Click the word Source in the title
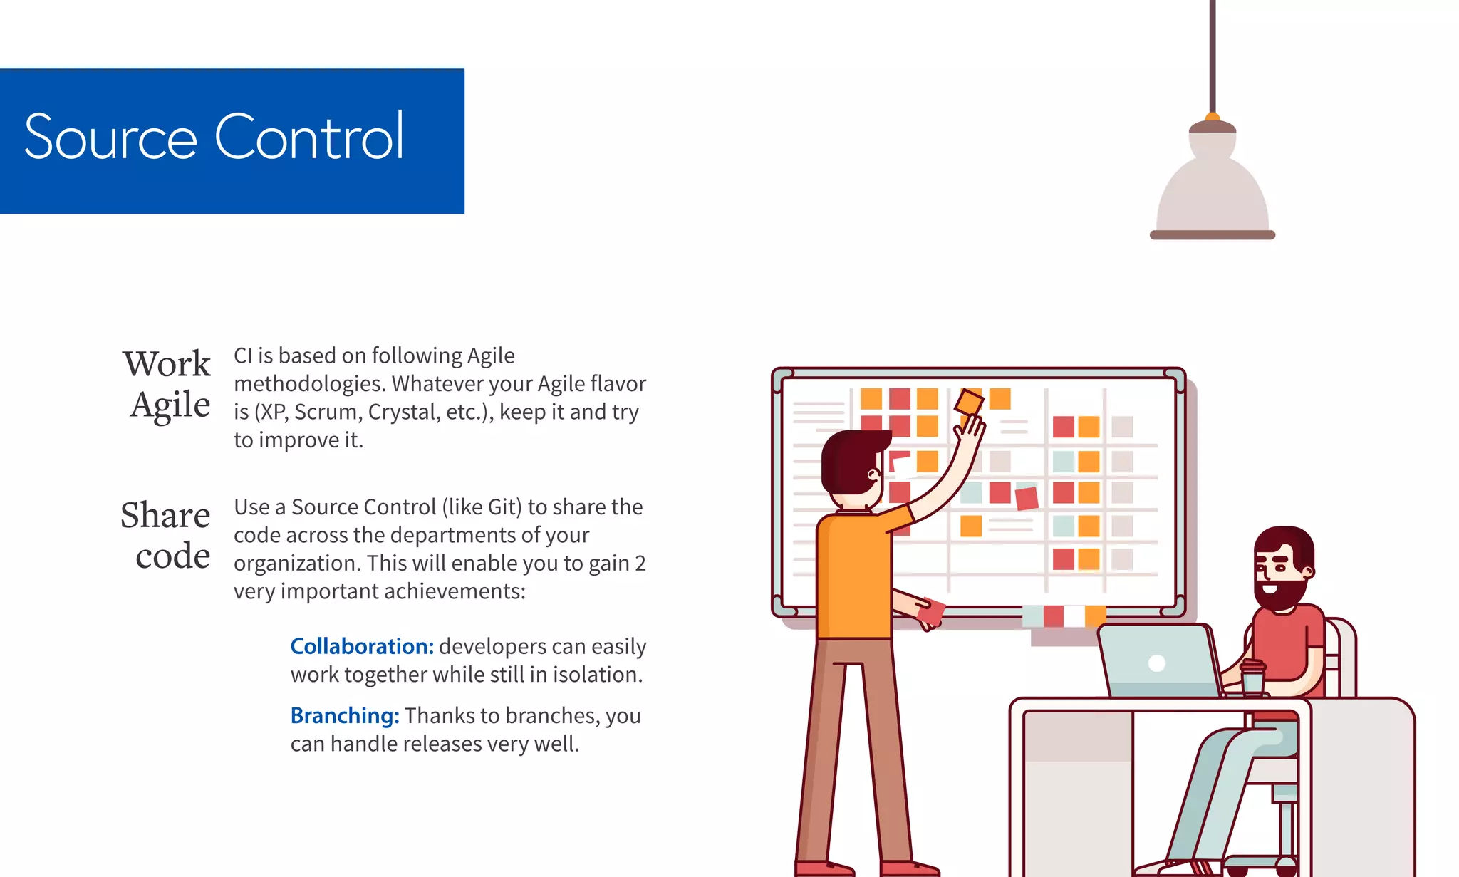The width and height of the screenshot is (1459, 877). [110, 137]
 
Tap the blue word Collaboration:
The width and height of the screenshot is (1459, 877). [362, 646]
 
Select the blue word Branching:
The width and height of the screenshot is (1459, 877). [345, 715]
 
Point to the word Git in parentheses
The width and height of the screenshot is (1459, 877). [502, 507]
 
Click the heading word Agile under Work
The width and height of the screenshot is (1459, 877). [170, 405]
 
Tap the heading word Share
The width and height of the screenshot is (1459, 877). [165, 515]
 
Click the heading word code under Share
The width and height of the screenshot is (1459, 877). [173, 556]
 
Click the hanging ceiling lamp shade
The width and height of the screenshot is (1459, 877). [1212, 192]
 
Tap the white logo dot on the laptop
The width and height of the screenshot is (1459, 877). [1157, 663]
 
